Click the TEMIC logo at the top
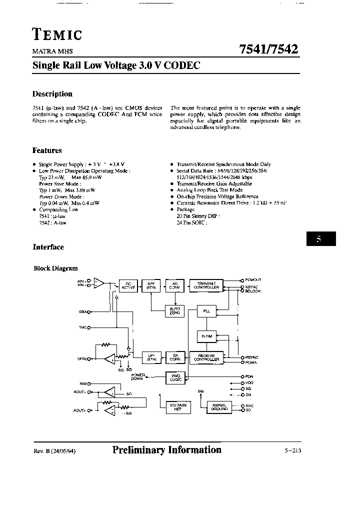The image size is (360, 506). [57, 34]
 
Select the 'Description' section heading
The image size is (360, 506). [52, 94]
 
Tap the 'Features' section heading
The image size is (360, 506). [47, 150]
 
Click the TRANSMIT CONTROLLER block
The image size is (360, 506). [206, 285]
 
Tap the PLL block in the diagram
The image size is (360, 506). [206, 311]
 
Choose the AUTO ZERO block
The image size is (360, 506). [175, 311]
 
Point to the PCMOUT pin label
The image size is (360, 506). [252, 280]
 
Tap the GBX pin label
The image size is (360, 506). [82, 311]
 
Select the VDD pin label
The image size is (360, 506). [248, 382]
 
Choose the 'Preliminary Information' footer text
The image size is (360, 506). [167, 450]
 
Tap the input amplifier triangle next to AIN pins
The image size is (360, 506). [99, 283]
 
